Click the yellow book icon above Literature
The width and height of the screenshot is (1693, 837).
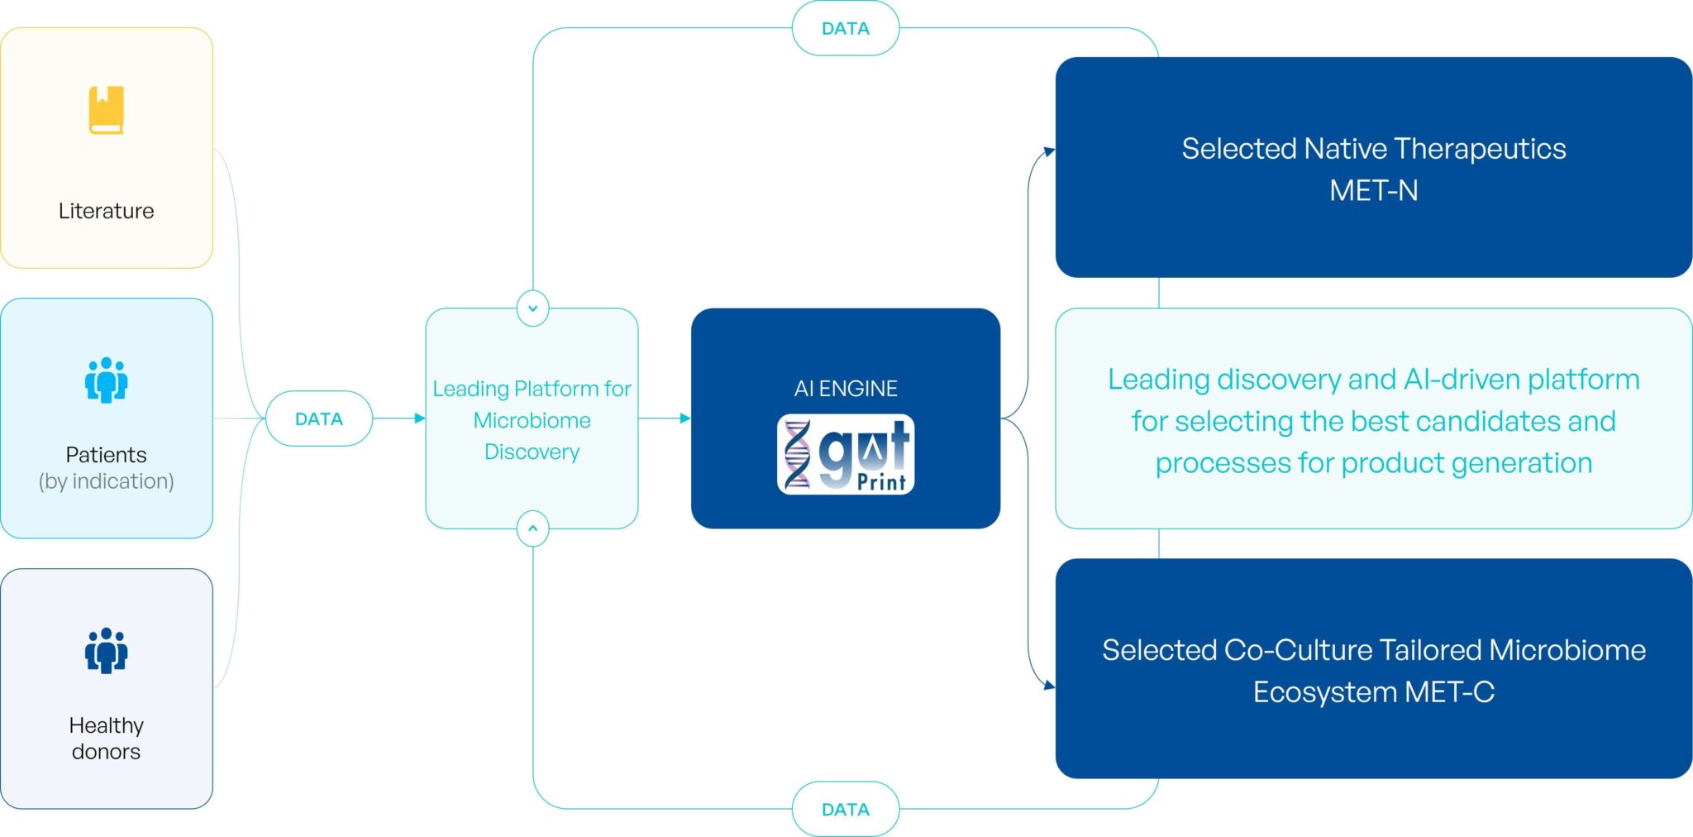pos(106,110)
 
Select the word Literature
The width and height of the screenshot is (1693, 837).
pos(106,211)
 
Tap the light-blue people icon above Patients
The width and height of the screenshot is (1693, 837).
pos(106,380)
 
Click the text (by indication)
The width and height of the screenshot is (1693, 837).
pos(106,481)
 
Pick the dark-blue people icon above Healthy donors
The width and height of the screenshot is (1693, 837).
pos(106,650)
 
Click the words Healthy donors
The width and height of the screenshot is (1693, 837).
pos(106,738)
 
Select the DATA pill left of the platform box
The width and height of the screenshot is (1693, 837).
pos(319,418)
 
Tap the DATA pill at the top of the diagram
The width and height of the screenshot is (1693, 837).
pos(845,28)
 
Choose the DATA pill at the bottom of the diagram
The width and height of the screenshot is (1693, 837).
pos(845,809)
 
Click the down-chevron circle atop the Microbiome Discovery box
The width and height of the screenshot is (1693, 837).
pos(532,308)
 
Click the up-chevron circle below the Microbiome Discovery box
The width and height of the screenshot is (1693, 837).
pos(532,529)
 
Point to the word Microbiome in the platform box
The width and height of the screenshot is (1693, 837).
pos(532,420)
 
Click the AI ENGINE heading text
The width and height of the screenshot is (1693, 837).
pos(845,388)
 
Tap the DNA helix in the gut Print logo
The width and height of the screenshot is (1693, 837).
pos(797,454)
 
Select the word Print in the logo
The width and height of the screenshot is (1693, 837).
pos(881,481)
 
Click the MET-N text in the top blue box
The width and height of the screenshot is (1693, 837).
pos(1373,191)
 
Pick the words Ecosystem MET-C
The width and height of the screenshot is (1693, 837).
pos(1373,691)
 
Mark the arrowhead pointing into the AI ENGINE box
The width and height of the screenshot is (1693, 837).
pos(684,418)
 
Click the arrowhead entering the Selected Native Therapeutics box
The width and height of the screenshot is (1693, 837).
pos(1049,151)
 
